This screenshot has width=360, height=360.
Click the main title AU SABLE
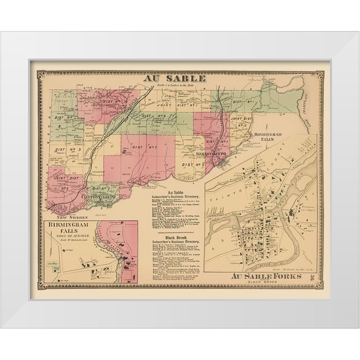(175, 78)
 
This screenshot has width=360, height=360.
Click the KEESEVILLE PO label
(211, 154)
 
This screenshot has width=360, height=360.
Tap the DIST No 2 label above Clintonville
(101, 188)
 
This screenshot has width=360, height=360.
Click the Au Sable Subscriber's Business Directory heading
(176, 195)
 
